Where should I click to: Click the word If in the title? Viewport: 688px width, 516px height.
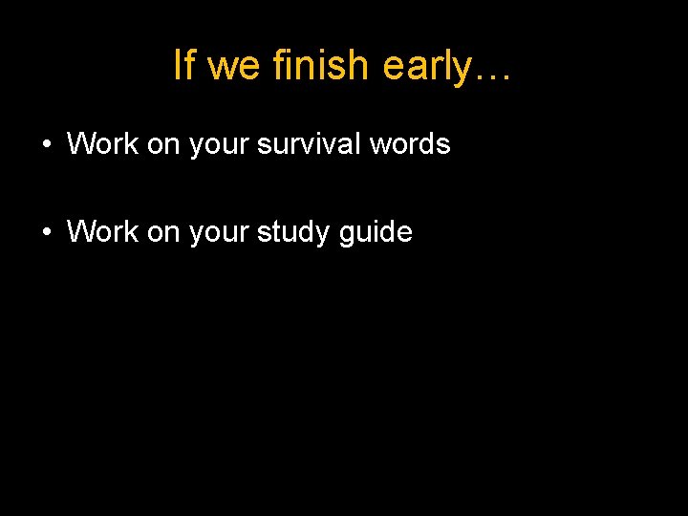click(184, 65)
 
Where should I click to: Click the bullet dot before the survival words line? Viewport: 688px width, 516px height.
click(46, 145)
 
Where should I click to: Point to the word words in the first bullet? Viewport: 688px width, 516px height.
click(412, 144)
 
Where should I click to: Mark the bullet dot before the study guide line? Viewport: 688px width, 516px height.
click(46, 233)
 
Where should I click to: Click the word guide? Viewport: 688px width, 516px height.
click(376, 233)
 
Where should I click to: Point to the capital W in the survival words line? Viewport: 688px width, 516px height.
click(80, 144)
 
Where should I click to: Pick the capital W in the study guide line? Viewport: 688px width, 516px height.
click(80, 232)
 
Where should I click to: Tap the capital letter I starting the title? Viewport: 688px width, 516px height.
click(178, 65)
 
